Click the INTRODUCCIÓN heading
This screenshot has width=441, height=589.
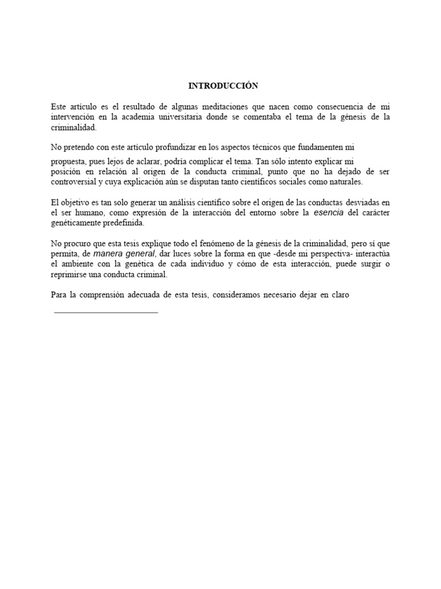223,86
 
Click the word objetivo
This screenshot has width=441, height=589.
79,202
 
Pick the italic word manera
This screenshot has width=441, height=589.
109,254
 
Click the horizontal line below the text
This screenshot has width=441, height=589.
105,312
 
